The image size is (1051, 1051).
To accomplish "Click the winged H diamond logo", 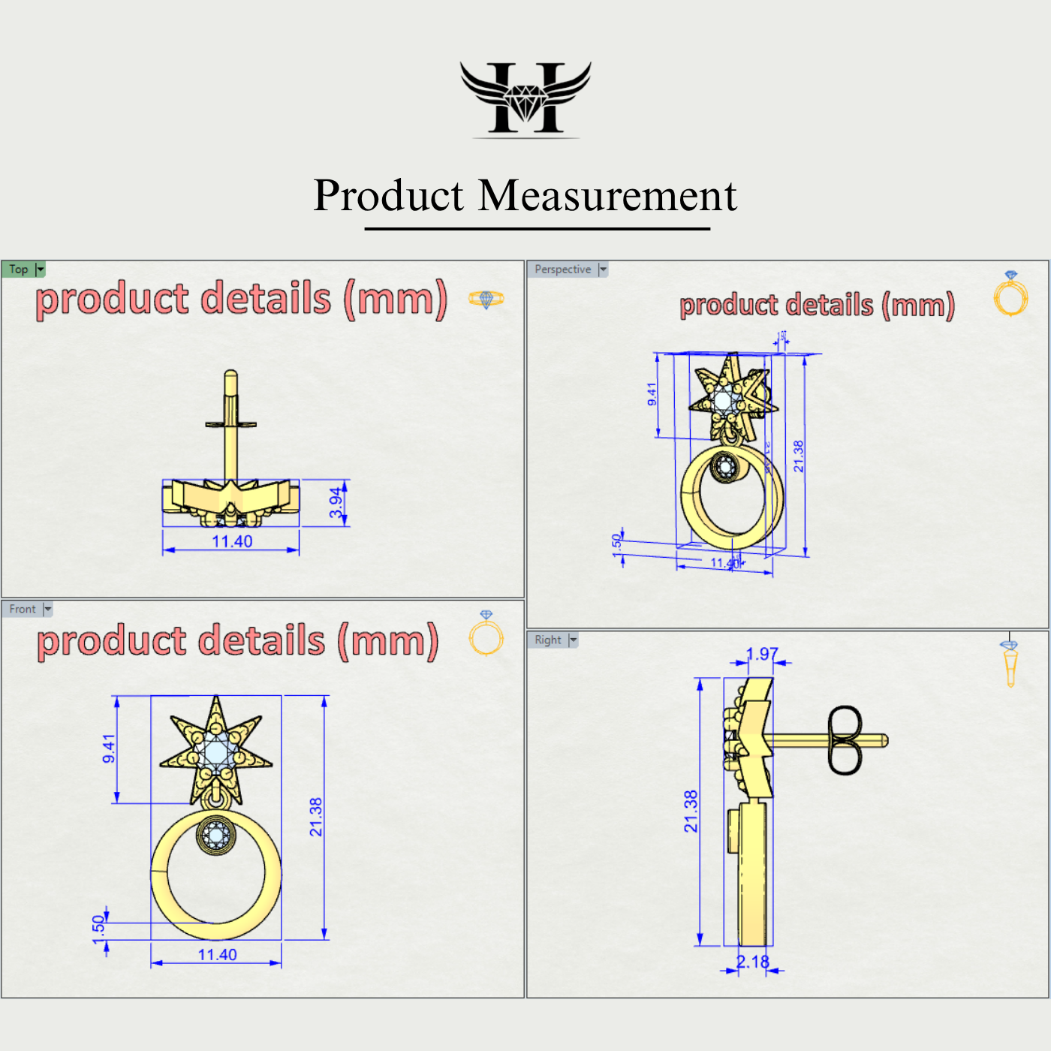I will click(x=525, y=98).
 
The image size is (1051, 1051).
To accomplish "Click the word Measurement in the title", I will click(x=607, y=196).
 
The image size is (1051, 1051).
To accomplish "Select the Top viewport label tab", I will click(x=19, y=270).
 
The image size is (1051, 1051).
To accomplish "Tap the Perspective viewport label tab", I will click(x=562, y=270).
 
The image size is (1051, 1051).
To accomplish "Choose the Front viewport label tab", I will click(x=23, y=609).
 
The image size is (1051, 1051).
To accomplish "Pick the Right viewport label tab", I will click(x=547, y=640).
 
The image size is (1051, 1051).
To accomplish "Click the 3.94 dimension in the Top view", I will click(x=336, y=502).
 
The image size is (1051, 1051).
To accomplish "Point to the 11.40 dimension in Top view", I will click(x=232, y=541).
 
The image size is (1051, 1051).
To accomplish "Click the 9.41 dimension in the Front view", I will click(x=109, y=748).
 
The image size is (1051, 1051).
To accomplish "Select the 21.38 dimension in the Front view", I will click(x=315, y=817).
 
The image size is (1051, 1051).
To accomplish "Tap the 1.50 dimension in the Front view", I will click(x=98, y=925).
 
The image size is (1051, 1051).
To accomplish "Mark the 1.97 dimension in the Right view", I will click(x=762, y=654).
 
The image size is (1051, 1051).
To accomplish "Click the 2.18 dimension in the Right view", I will click(x=752, y=962).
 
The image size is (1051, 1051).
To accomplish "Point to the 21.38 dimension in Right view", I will click(x=691, y=811).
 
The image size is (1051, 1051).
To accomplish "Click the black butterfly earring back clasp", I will click(x=845, y=740).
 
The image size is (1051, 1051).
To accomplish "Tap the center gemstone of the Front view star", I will click(x=216, y=751).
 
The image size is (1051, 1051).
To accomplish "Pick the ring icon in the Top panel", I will click(x=486, y=299).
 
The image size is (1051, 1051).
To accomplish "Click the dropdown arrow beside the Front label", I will click(x=48, y=609).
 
